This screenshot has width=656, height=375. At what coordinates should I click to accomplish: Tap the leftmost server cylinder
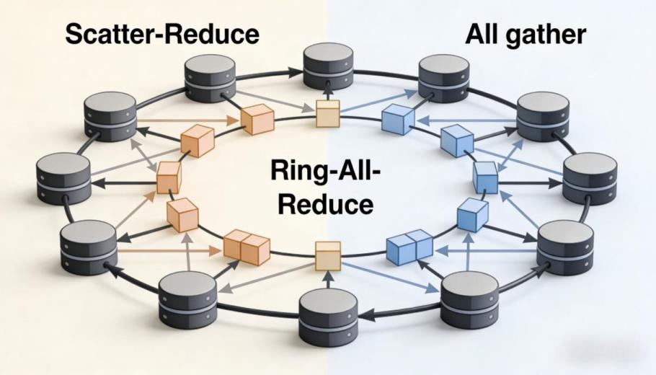tap(63, 177)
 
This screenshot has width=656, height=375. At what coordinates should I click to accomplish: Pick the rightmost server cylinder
tap(590, 177)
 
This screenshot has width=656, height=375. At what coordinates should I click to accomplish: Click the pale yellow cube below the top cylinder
tap(327, 113)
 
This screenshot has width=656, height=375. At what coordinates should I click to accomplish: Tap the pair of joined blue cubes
tap(409, 247)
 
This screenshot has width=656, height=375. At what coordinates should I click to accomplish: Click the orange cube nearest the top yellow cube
tap(257, 120)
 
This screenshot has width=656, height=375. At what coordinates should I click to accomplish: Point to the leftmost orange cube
tap(169, 177)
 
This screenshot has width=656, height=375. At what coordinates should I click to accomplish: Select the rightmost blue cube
tap(485, 177)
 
